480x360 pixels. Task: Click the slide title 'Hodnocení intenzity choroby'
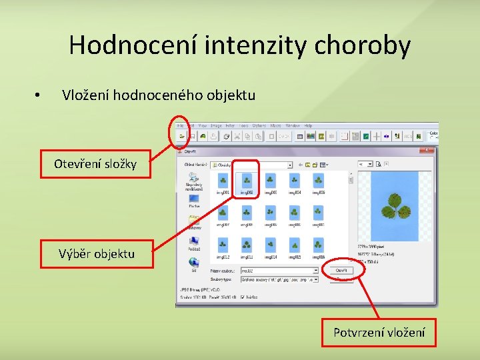pyautogui.click(x=240, y=45)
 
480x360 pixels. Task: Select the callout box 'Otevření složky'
pyautogui.click(x=95, y=163)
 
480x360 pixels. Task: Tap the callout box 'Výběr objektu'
pyautogui.click(x=97, y=253)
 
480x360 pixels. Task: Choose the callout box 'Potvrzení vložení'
pyautogui.click(x=379, y=332)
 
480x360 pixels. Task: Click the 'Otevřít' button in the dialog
pyautogui.click(x=341, y=270)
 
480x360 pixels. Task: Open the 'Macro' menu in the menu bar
pyautogui.click(x=275, y=125)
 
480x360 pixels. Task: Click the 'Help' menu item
pyautogui.click(x=308, y=125)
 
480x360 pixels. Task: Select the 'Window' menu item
pyautogui.click(x=293, y=125)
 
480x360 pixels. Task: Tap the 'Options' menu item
pyautogui.click(x=259, y=125)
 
